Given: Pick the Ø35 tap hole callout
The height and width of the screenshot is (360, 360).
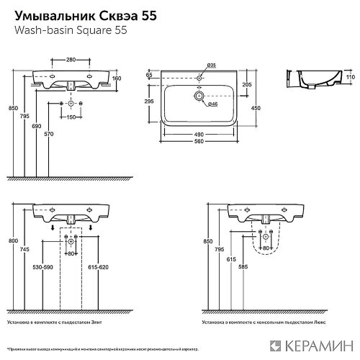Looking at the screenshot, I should click(211, 66).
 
